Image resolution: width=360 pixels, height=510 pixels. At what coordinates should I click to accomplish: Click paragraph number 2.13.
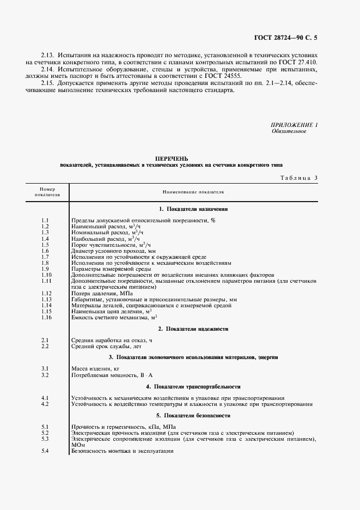click(x=49, y=56)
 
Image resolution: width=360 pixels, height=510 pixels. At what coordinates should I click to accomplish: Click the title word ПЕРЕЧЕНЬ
click(x=172, y=158)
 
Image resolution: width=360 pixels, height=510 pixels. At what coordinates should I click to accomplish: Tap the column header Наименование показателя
click(x=193, y=192)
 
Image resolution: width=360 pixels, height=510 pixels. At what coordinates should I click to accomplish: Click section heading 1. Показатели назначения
click(x=193, y=209)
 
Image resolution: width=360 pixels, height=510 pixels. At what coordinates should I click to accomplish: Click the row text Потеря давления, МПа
click(x=102, y=293)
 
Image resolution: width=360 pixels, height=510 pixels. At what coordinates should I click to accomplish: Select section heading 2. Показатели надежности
click(x=193, y=329)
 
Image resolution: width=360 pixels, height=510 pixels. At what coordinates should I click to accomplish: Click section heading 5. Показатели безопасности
click(x=193, y=416)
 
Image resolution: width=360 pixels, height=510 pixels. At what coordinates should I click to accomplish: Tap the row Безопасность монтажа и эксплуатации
click(x=123, y=451)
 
